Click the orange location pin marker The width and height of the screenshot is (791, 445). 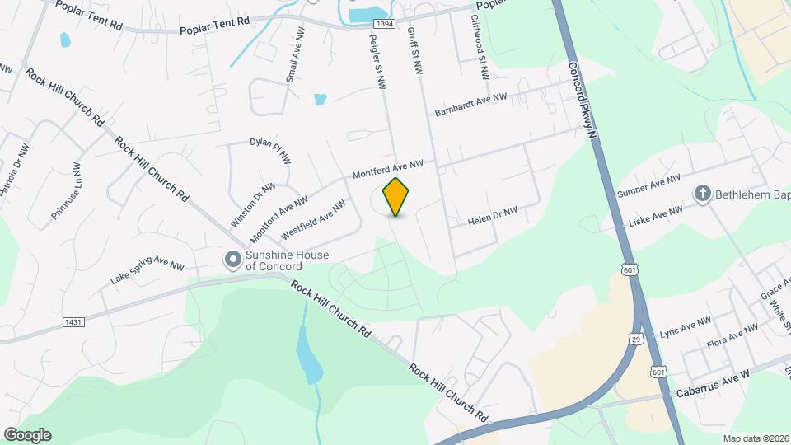tap(396, 197)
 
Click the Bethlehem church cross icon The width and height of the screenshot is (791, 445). tap(703, 194)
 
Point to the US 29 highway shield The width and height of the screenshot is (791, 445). tap(635, 339)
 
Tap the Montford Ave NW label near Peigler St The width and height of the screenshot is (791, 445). tap(387, 170)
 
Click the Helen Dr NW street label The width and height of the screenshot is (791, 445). tap(493, 217)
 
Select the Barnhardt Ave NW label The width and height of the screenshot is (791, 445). tap(470, 105)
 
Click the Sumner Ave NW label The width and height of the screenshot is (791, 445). tap(648, 185)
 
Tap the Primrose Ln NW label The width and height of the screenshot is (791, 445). tap(66, 190)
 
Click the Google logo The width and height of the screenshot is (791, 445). tap(27, 435)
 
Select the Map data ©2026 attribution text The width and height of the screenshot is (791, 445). tap(755, 438)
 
